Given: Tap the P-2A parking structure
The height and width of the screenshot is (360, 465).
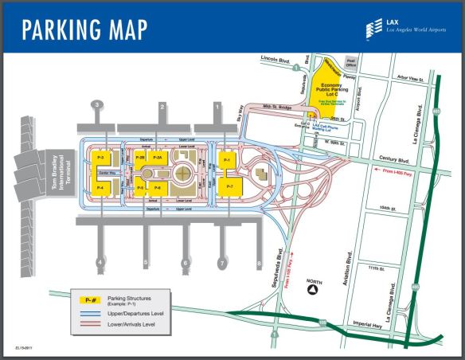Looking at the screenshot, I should click(158, 158).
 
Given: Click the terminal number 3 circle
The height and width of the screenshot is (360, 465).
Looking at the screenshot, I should click(97, 105).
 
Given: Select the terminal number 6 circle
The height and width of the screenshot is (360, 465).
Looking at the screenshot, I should click(186, 262).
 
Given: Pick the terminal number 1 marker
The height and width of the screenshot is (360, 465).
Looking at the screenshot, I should click(217, 105).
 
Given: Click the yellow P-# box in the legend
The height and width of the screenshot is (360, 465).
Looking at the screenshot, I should click(91, 300).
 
